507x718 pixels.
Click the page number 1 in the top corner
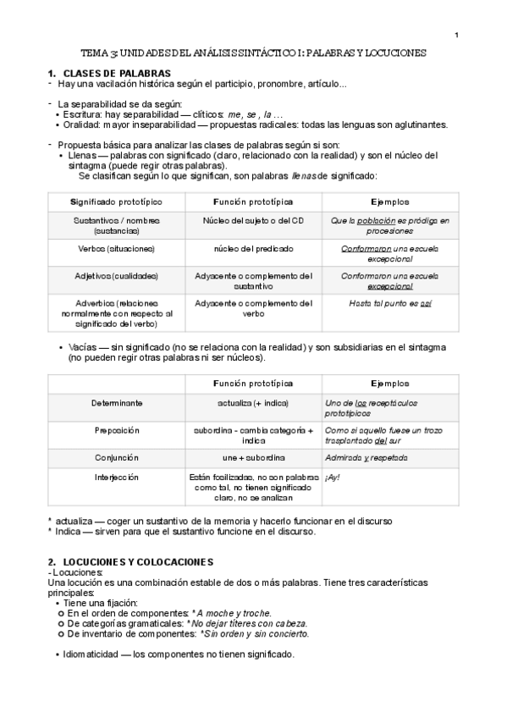[x=456, y=35]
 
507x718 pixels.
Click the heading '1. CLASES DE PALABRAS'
[x=110, y=74]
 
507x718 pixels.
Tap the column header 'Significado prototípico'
[x=115, y=202]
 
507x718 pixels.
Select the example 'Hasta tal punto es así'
[x=390, y=303]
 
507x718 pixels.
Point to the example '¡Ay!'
[x=333, y=478]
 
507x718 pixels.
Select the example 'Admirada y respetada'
[x=366, y=457]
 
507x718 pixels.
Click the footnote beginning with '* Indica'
[x=181, y=532]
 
